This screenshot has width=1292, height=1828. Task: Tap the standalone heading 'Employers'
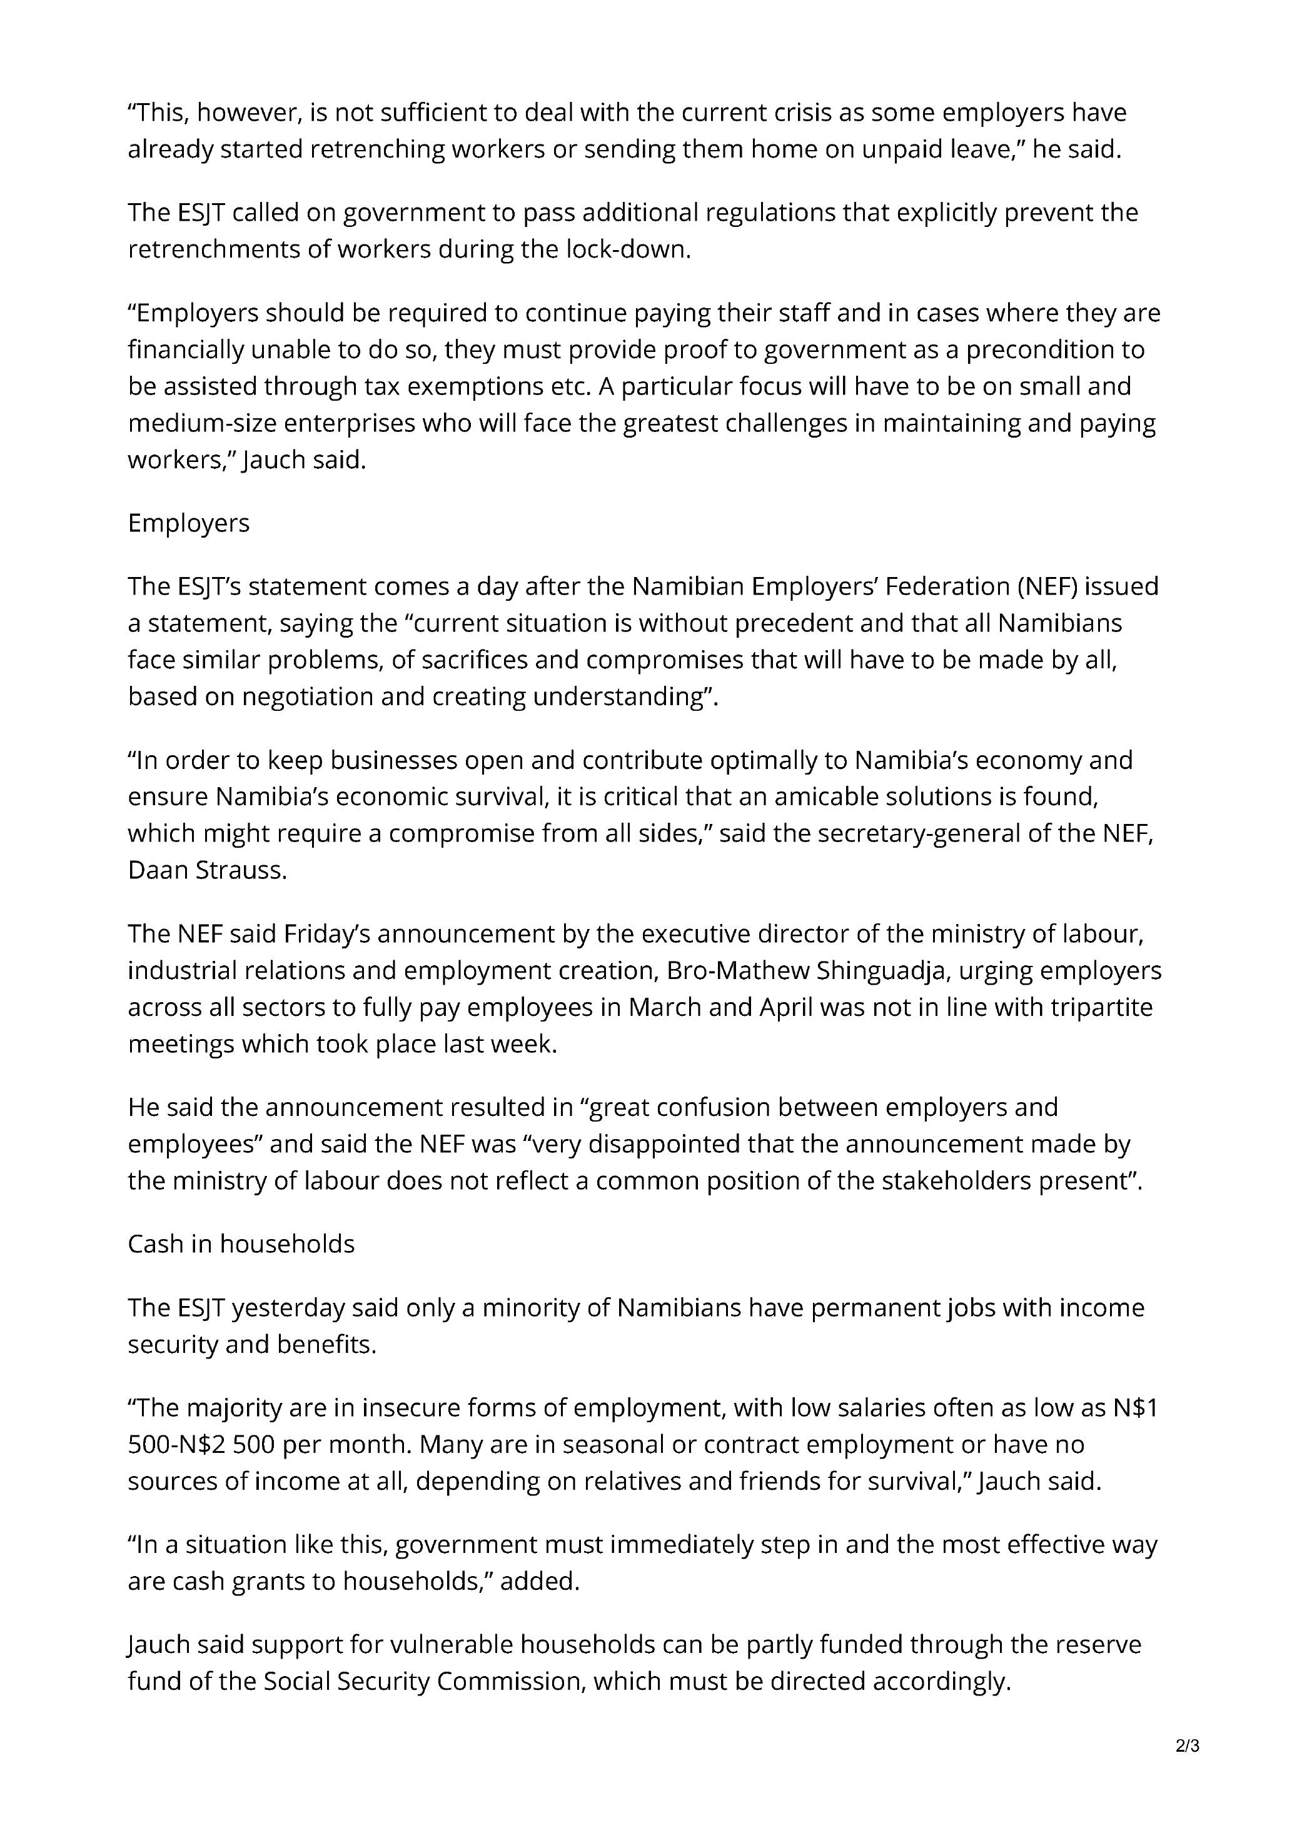189,523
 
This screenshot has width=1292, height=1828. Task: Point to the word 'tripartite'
1103,1008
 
